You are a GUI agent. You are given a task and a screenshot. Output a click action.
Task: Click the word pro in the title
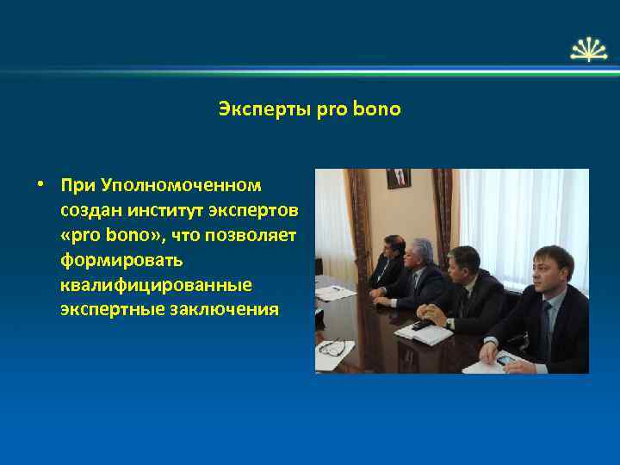tap(332, 110)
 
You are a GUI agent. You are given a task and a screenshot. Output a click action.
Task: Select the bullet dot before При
tap(40, 185)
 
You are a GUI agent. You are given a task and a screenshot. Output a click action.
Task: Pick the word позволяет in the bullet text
tap(256, 235)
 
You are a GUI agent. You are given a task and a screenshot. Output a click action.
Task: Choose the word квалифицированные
tap(156, 284)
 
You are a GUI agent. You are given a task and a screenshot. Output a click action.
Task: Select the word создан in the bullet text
tap(89, 210)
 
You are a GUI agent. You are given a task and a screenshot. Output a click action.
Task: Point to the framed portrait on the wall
tap(398, 178)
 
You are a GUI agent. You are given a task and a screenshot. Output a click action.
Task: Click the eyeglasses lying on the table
tap(332, 348)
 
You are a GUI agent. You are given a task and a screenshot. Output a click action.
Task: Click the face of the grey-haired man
tap(421, 255)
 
